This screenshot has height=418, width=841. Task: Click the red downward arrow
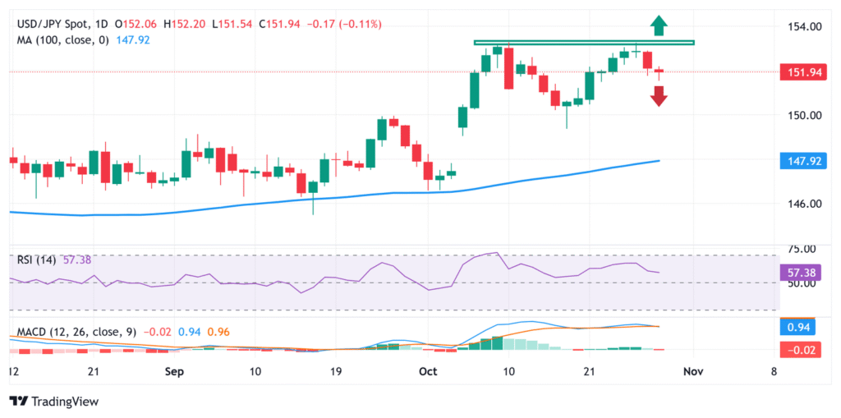[x=659, y=96]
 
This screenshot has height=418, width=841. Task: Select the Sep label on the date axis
[x=173, y=371]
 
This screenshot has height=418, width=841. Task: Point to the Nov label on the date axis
[x=693, y=371]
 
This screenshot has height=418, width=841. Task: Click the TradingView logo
[x=54, y=402]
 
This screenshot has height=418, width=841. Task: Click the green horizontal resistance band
[x=584, y=42]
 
